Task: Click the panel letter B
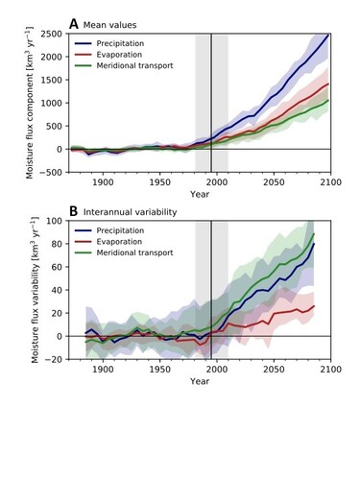point(73,211)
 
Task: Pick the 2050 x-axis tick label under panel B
point(275,369)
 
